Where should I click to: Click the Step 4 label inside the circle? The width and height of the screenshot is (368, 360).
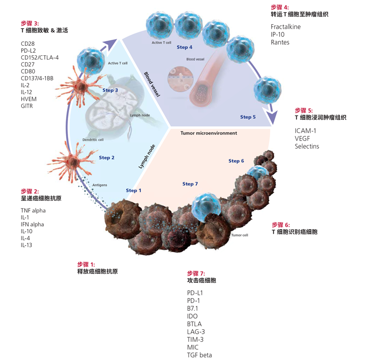185,47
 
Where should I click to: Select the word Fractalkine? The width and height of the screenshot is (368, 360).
285,27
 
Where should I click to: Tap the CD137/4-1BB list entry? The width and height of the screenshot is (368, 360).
36,78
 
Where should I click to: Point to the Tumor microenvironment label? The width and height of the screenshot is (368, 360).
209,133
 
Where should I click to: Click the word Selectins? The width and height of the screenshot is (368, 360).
307,147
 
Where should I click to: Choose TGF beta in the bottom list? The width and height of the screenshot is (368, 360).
199,355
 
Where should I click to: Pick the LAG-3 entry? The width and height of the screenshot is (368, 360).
196,331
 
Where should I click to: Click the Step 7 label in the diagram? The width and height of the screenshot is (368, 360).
190,184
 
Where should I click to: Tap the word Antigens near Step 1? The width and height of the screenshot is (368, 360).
100,185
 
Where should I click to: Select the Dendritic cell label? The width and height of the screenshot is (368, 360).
93,139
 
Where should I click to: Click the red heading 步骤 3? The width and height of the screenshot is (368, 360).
30,23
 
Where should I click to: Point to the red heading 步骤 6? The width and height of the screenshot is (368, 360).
281,225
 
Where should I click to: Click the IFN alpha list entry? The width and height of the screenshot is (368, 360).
32,224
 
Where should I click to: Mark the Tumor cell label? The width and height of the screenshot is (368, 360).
239,235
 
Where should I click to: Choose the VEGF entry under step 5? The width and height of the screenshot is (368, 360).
303,138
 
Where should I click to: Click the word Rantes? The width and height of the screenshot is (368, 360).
280,42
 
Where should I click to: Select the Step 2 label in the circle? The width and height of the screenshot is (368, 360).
106,158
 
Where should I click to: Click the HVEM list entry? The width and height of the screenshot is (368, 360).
29,99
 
